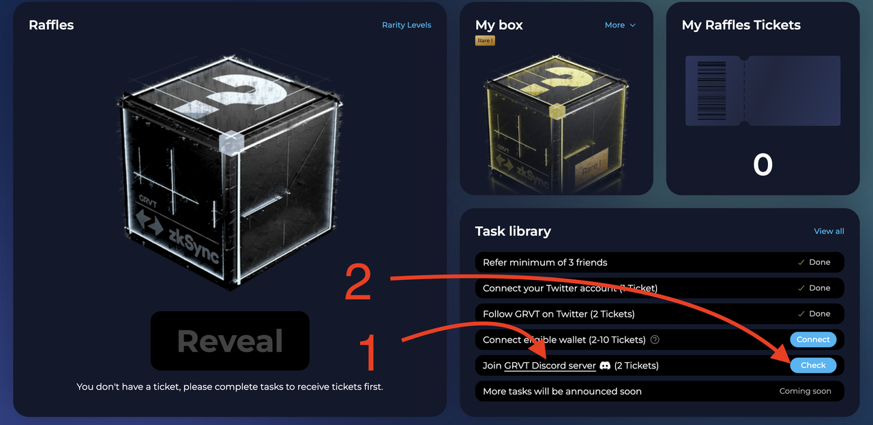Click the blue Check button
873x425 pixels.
tap(813, 365)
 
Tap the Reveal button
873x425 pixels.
tap(230, 341)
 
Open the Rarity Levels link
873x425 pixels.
tap(406, 25)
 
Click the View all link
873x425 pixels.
tap(829, 231)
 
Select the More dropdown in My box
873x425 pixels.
tap(620, 25)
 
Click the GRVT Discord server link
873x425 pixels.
tap(550, 366)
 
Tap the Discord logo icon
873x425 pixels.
tap(605, 366)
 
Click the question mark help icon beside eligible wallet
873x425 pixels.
tap(655, 340)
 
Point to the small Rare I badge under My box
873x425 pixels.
tap(485, 40)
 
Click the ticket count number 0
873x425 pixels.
tap(763, 165)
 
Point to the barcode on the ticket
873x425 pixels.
tap(711, 91)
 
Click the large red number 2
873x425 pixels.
tap(358, 282)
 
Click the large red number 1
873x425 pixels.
tap(368, 353)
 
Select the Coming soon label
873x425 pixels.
tap(805, 391)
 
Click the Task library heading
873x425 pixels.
tap(513, 231)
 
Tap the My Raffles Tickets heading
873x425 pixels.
tap(741, 25)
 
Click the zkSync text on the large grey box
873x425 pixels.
tap(194, 245)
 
